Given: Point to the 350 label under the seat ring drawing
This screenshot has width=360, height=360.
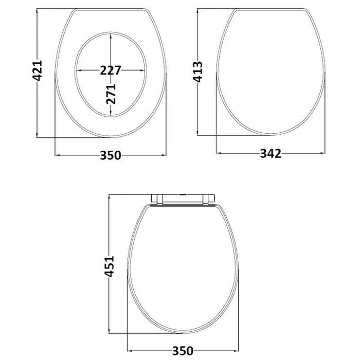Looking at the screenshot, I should click(x=110, y=155).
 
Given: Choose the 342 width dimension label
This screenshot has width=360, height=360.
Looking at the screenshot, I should click(x=271, y=154).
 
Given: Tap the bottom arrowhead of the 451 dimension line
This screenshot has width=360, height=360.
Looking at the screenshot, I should click(x=110, y=331).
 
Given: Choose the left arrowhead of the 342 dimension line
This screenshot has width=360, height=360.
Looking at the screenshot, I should click(x=218, y=153).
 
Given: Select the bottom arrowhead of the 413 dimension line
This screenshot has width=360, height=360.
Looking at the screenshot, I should click(x=198, y=134).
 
